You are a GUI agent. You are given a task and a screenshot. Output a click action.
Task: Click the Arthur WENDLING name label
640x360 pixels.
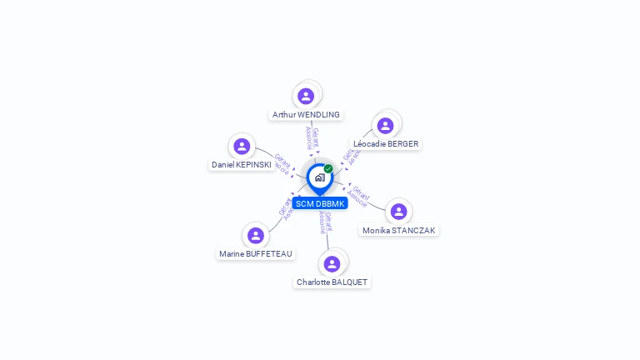(x=306, y=115)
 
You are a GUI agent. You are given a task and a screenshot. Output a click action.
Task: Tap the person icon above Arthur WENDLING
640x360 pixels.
(x=306, y=96)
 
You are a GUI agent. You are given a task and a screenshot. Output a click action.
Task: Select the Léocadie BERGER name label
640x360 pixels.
(x=386, y=144)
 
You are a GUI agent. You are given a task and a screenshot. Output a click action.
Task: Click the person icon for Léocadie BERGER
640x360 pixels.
(x=385, y=126)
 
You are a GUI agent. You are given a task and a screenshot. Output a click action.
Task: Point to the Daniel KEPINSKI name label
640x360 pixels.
(x=241, y=165)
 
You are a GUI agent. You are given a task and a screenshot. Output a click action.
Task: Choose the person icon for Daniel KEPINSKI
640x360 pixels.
(x=242, y=147)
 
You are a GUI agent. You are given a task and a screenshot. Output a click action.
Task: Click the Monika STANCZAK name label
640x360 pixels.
(x=398, y=231)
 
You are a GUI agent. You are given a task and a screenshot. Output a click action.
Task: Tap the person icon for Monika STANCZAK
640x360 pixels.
(x=398, y=212)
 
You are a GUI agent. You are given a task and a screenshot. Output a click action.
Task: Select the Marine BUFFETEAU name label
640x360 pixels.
(x=256, y=254)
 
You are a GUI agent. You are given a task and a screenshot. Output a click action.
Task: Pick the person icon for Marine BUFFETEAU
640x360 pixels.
(x=256, y=236)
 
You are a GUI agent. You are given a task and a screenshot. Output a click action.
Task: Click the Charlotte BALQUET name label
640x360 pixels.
(x=332, y=282)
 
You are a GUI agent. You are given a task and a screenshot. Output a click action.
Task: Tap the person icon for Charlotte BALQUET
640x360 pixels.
(x=332, y=264)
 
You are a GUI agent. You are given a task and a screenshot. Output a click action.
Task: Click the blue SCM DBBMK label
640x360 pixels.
(x=319, y=204)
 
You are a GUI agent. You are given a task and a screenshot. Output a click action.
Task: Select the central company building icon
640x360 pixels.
(x=319, y=177)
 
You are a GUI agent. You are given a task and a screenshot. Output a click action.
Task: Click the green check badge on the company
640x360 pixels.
(x=328, y=169)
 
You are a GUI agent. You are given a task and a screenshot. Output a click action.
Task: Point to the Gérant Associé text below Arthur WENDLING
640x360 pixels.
(x=312, y=137)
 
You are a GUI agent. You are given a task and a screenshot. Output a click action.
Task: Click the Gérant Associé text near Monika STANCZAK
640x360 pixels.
(x=359, y=196)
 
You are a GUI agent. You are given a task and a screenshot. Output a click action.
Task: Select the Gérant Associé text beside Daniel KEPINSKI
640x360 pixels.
(x=282, y=162)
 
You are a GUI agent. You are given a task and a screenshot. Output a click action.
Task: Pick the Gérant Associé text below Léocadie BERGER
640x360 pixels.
(x=349, y=157)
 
